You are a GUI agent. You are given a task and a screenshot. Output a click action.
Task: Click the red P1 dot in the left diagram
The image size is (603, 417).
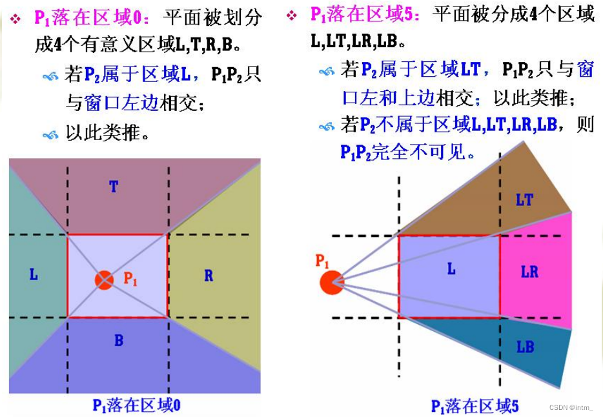103,280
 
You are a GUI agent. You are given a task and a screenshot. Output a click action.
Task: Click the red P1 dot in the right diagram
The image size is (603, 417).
332,282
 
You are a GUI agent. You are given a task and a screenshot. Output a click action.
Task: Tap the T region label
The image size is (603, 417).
114,187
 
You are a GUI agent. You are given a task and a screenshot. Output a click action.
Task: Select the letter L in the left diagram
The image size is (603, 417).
34,274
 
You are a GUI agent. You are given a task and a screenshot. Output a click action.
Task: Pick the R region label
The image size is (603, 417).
209,276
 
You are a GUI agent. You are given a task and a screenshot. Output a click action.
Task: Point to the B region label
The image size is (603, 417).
119,340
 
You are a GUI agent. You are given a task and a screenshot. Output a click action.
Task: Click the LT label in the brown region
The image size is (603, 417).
524,200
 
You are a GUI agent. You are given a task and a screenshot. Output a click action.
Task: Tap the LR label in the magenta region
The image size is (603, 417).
529,272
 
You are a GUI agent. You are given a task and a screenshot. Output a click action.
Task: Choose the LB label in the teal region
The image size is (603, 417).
526,347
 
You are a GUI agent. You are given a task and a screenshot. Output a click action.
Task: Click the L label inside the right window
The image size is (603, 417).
451,269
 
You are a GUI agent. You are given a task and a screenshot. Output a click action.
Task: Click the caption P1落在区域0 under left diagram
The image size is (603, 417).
136,405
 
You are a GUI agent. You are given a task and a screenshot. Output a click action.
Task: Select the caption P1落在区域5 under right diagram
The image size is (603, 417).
475,406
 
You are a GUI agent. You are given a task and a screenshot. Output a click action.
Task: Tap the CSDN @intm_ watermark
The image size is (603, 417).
571,407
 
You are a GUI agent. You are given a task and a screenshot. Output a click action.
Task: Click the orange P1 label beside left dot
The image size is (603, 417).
130,279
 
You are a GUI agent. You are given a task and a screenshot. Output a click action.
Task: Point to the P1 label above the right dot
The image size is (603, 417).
322,261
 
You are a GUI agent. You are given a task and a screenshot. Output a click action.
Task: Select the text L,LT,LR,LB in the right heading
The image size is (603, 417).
354,43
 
